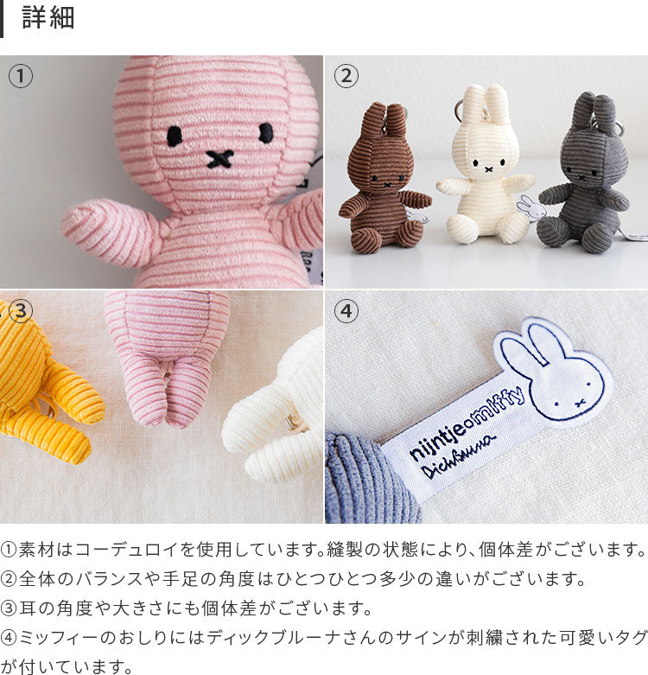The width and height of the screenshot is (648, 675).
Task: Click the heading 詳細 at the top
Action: (48, 18)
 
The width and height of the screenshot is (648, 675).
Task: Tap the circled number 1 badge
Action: (20, 76)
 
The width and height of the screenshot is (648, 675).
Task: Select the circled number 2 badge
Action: (346, 76)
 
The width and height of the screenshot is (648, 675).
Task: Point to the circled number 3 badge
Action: (20, 311)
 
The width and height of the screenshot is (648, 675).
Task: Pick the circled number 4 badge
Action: (346, 311)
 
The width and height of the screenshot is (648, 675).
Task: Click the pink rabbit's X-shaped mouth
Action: (219, 158)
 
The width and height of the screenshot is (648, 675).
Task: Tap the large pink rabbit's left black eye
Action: (175, 134)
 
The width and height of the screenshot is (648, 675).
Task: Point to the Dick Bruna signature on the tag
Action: (458, 457)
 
